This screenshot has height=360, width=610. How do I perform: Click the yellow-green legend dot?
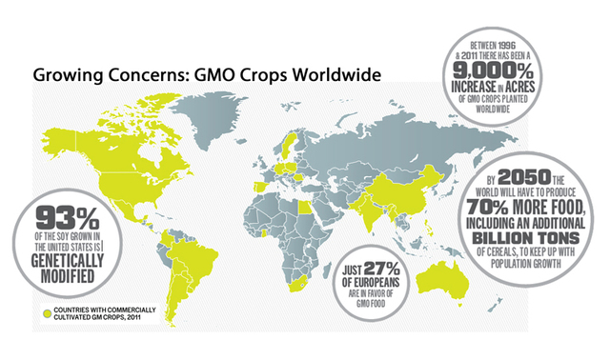44,310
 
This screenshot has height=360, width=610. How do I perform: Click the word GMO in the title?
216,73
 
